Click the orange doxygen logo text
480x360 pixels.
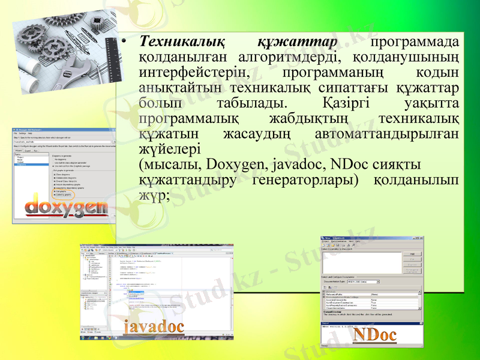pos(66,208)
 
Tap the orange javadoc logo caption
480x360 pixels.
pos(154,327)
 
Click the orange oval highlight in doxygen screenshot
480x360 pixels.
pos(63,194)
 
